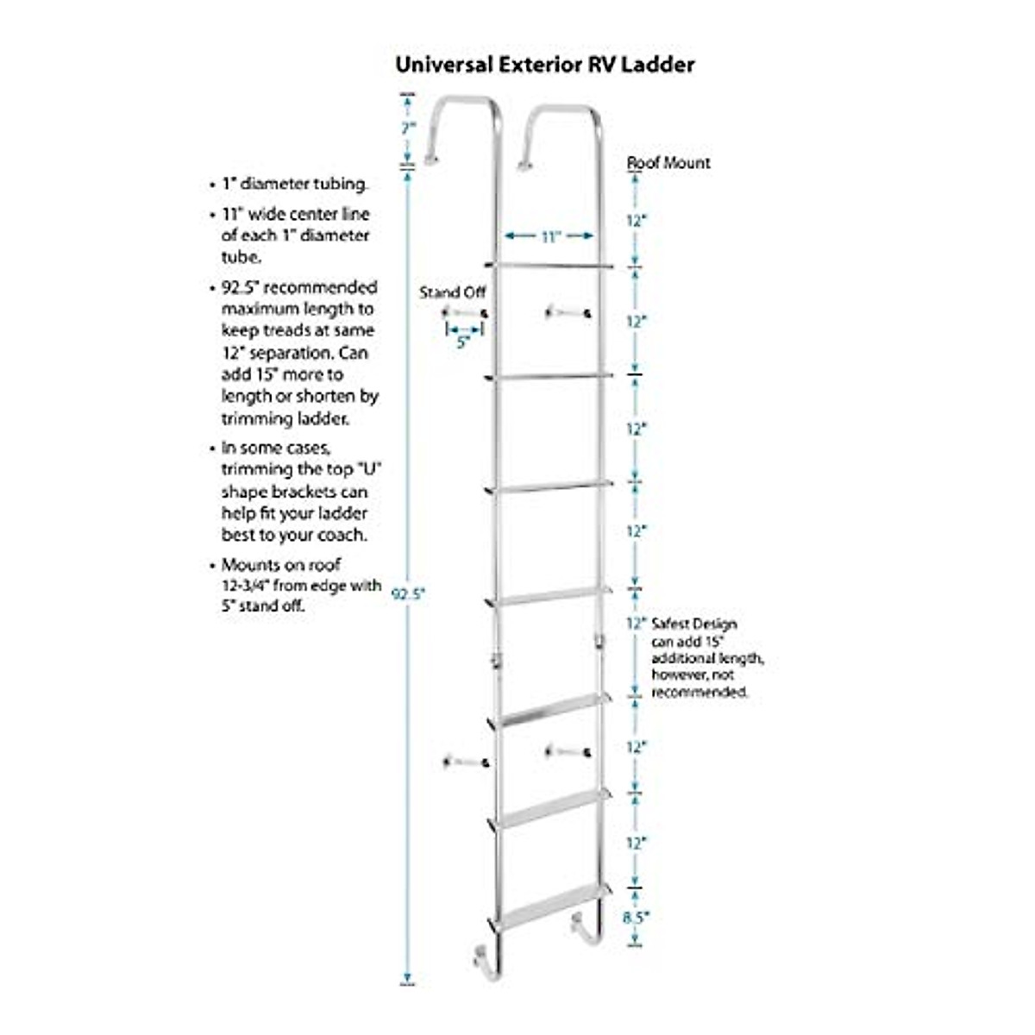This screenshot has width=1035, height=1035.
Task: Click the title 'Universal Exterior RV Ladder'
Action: (544, 65)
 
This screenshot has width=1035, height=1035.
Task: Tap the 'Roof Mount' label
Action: (668, 162)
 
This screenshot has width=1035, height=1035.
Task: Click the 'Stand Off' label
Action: (452, 292)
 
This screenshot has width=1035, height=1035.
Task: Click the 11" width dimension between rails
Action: (550, 236)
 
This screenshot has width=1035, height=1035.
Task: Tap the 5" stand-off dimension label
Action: (463, 342)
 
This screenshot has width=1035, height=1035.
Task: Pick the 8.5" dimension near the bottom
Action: (635, 918)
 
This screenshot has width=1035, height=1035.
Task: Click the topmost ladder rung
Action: (549, 266)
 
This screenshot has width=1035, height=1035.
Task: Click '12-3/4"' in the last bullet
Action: (248, 586)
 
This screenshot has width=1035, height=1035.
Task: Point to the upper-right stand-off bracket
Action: (567, 312)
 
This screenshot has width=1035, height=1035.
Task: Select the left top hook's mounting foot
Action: (430, 159)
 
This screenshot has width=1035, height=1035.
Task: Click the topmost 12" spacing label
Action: (636, 221)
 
